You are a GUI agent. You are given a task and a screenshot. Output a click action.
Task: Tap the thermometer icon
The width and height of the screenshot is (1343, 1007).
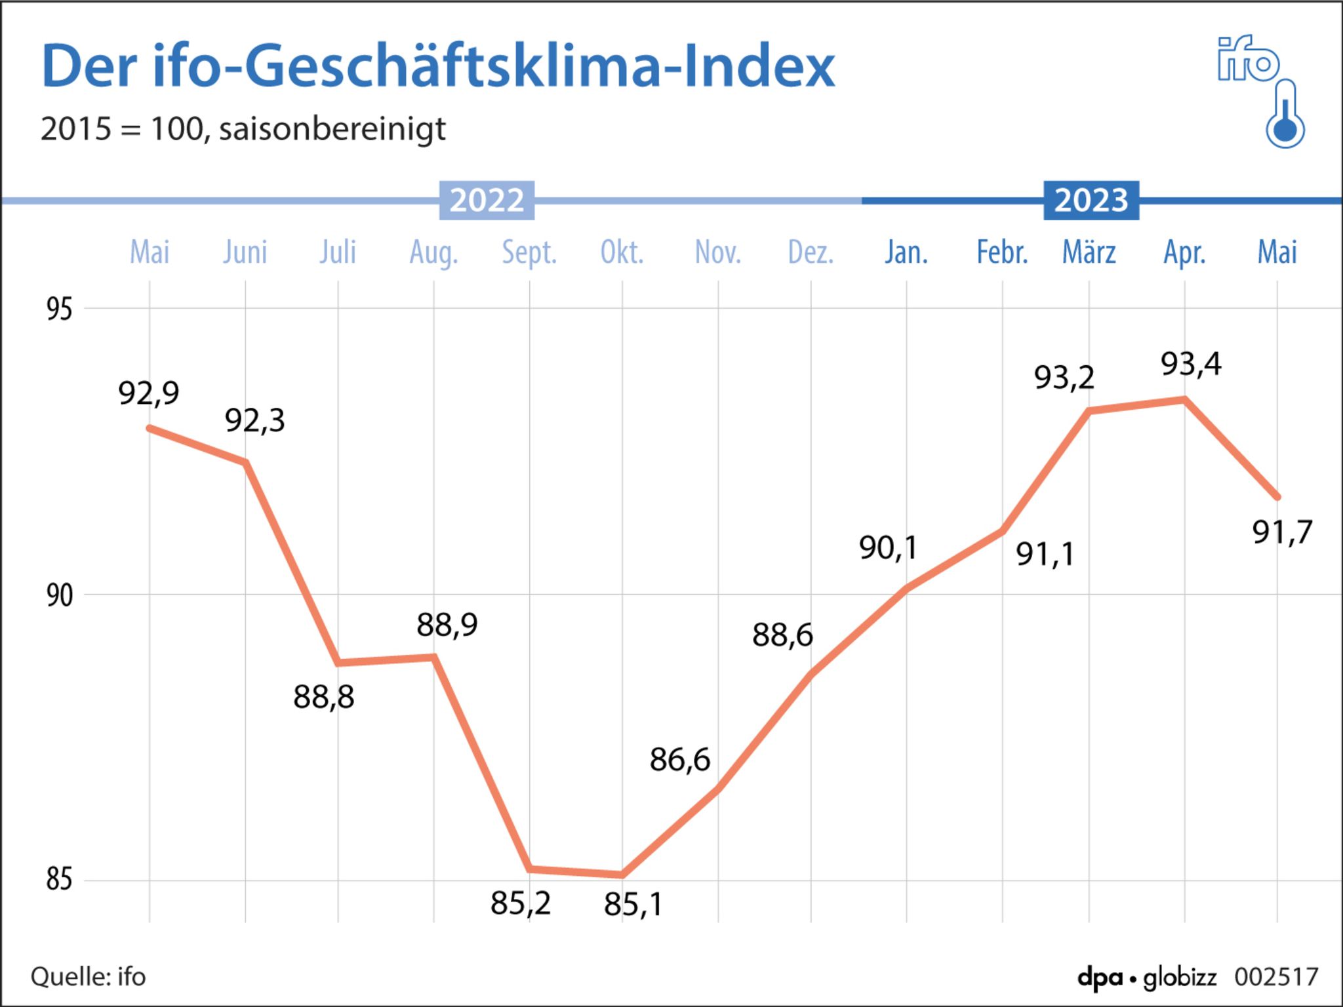tap(1285, 115)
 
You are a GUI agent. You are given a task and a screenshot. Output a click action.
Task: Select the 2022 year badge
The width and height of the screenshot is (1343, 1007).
tap(487, 200)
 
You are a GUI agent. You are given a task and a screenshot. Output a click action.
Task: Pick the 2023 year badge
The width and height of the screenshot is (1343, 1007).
tap(1091, 200)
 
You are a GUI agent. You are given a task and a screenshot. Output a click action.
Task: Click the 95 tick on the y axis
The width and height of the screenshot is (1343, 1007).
tap(59, 309)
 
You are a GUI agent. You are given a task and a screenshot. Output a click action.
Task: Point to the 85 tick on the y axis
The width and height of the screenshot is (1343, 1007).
tap(59, 879)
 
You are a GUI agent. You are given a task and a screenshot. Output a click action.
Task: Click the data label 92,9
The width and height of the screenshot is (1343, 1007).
tap(149, 393)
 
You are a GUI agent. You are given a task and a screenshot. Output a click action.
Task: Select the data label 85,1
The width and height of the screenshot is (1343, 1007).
tap(633, 905)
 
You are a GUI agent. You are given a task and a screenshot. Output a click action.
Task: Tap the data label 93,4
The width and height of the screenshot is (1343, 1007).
tap(1191, 364)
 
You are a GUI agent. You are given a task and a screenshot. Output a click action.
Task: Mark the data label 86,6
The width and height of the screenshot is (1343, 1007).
tap(680, 760)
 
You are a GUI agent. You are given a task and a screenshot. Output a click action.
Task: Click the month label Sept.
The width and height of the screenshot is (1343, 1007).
tap(529, 252)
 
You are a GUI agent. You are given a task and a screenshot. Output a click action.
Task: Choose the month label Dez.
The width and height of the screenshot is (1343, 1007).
tap(811, 252)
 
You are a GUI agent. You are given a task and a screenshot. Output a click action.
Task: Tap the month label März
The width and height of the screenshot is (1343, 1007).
tap(1089, 252)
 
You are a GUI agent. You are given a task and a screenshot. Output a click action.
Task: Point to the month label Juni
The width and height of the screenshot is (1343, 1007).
tap(245, 252)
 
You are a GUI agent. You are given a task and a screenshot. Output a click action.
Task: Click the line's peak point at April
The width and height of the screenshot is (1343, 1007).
tap(1184, 399)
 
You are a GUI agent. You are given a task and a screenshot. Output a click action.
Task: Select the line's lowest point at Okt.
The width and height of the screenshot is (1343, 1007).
tap(622, 875)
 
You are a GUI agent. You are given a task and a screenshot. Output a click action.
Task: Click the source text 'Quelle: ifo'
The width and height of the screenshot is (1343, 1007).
tap(89, 977)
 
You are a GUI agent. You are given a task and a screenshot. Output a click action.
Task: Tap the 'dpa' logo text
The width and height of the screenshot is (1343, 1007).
tap(1100, 977)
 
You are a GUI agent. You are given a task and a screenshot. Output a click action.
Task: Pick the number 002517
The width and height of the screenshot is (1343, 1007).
tap(1276, 977)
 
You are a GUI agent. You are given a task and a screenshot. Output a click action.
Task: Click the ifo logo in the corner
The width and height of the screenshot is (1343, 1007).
tap(1248, 60)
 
